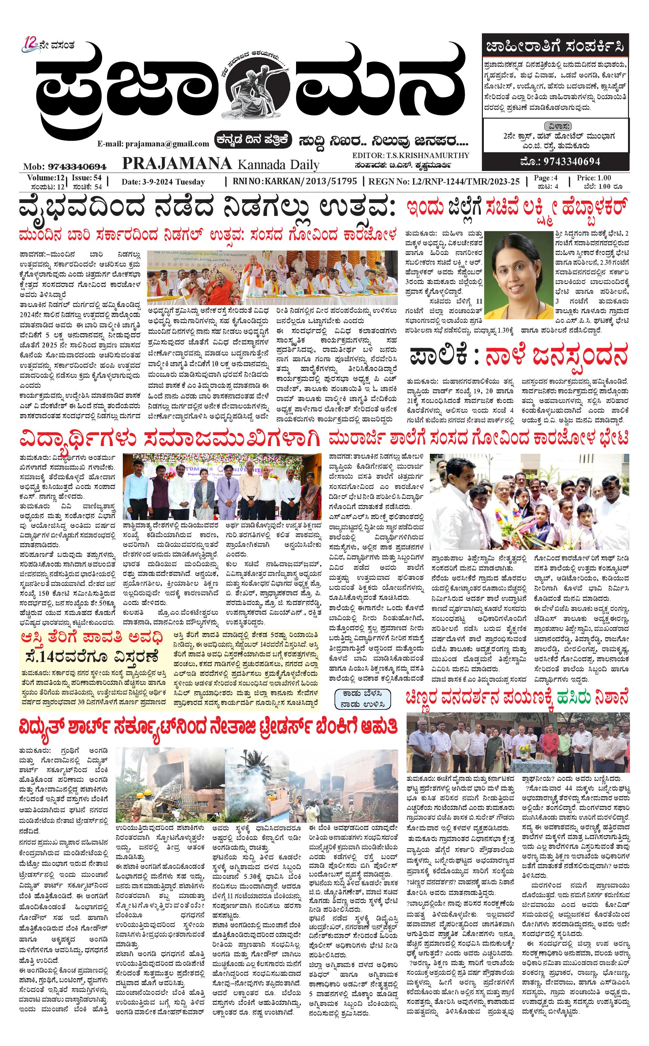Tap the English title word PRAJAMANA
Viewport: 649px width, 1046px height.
point(177,164)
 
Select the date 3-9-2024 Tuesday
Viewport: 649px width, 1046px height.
point(163,182)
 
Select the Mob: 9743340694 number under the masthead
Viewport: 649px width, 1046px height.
point(64,166)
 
